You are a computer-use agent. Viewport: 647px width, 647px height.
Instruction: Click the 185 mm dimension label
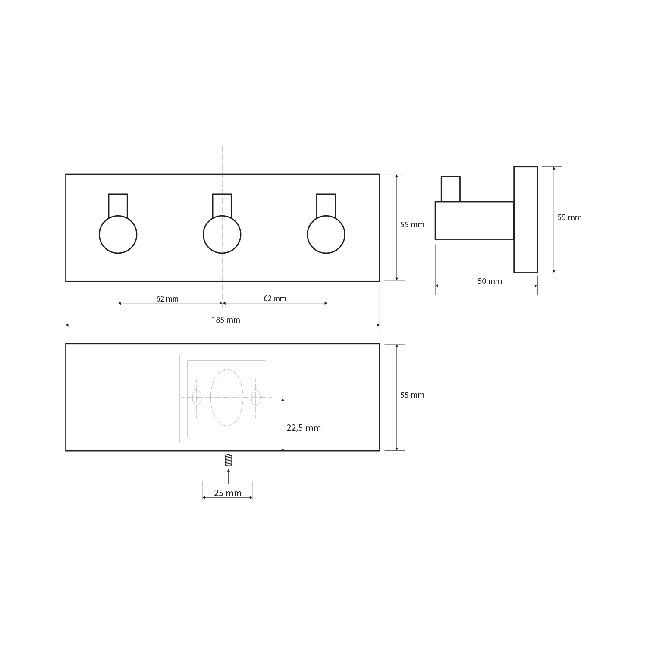(226, 320)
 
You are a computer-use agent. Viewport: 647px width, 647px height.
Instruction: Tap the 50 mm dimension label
(490, 281)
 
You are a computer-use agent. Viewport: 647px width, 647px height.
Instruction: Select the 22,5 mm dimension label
(304, 428)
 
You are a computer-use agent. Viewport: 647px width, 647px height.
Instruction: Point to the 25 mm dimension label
(228, 493)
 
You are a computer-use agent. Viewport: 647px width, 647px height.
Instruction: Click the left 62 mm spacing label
(167, 299)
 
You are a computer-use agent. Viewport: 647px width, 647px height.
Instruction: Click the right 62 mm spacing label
(275, 298)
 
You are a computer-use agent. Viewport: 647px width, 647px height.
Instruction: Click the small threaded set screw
(229, 460)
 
